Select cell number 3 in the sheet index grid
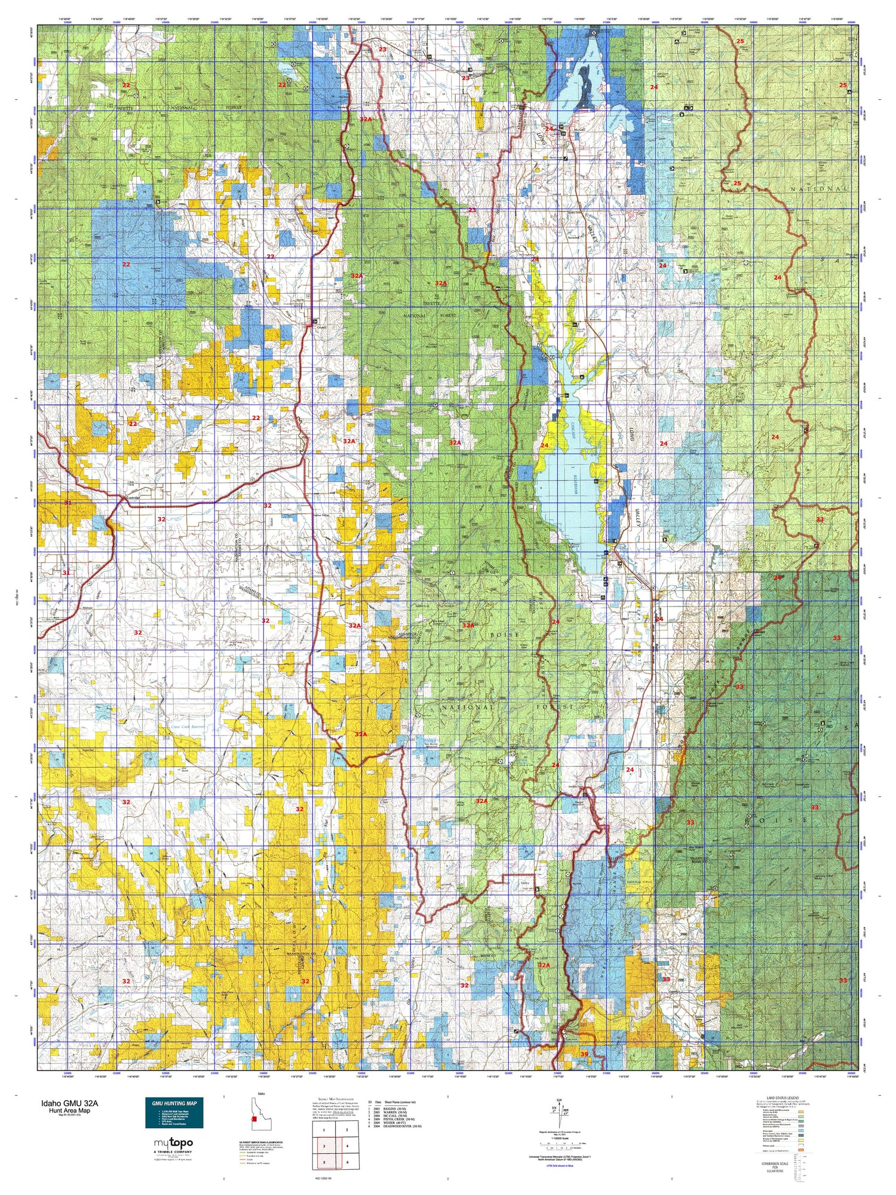323,1145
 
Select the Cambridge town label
131,497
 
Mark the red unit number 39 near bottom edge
584,1054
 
